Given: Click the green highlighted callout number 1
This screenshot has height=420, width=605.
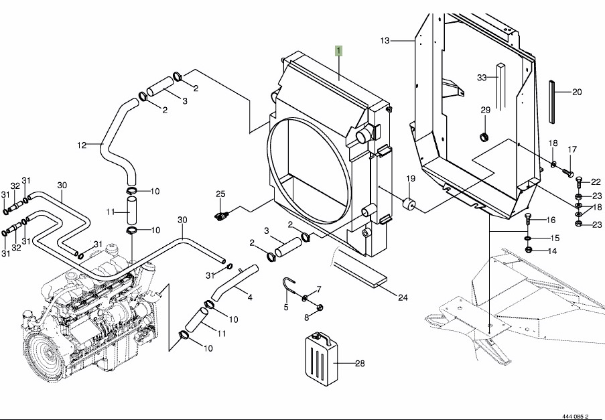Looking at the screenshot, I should pos(340,50).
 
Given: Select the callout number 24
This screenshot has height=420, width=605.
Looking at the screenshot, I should pos(403,297).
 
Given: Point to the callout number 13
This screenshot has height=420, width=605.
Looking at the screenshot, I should pos(385,41).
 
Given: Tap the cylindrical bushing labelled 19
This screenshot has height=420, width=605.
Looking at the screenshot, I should pos(407,204).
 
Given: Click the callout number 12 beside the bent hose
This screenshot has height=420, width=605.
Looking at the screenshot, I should pos(82,145).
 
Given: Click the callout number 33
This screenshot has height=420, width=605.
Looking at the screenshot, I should pos(481,78).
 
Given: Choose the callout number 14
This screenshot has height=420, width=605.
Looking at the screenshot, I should pos(553,251).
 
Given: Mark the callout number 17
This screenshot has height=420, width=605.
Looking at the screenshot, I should pos(572,149).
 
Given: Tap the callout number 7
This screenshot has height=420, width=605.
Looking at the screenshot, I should pos(319,289).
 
